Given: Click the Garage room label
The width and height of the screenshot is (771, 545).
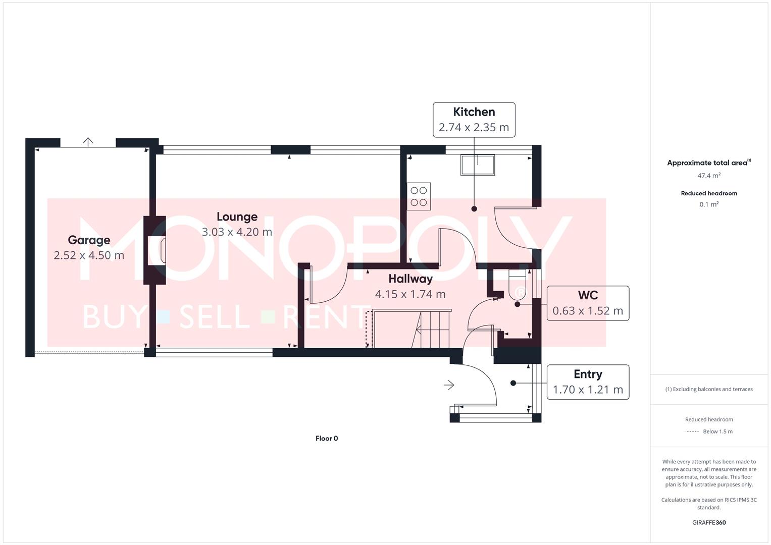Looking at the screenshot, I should pos(89,240).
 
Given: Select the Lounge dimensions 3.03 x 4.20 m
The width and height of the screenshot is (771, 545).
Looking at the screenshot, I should pos(237,232).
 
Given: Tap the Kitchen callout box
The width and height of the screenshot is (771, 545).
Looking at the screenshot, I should pos(474,120).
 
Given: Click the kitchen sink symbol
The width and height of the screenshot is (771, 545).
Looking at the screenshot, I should pos(477,165).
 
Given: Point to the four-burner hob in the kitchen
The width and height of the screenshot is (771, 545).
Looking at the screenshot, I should pos(419,196).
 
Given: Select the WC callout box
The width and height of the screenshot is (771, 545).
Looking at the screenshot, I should pos(588,303).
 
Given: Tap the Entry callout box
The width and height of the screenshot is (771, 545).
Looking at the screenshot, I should pos(588,382).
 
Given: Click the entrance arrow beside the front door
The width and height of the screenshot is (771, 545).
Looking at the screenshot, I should pos(449,385).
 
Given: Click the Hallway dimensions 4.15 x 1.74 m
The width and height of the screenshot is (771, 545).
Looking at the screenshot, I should pos(410,294).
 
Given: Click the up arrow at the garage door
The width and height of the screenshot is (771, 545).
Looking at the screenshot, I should pos(88,142).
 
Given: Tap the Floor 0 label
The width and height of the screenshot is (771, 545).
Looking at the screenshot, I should pos(327,439).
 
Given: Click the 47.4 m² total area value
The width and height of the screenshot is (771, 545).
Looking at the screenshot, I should pos(708,176).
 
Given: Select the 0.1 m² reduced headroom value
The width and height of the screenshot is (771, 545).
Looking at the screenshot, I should pos(708,204).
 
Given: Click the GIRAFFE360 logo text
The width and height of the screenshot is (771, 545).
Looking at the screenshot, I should pos(708,523).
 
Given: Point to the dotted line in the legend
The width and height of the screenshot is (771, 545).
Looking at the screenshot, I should pos(692,431).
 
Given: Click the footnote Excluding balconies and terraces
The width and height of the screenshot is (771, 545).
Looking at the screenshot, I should pos(708,389).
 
